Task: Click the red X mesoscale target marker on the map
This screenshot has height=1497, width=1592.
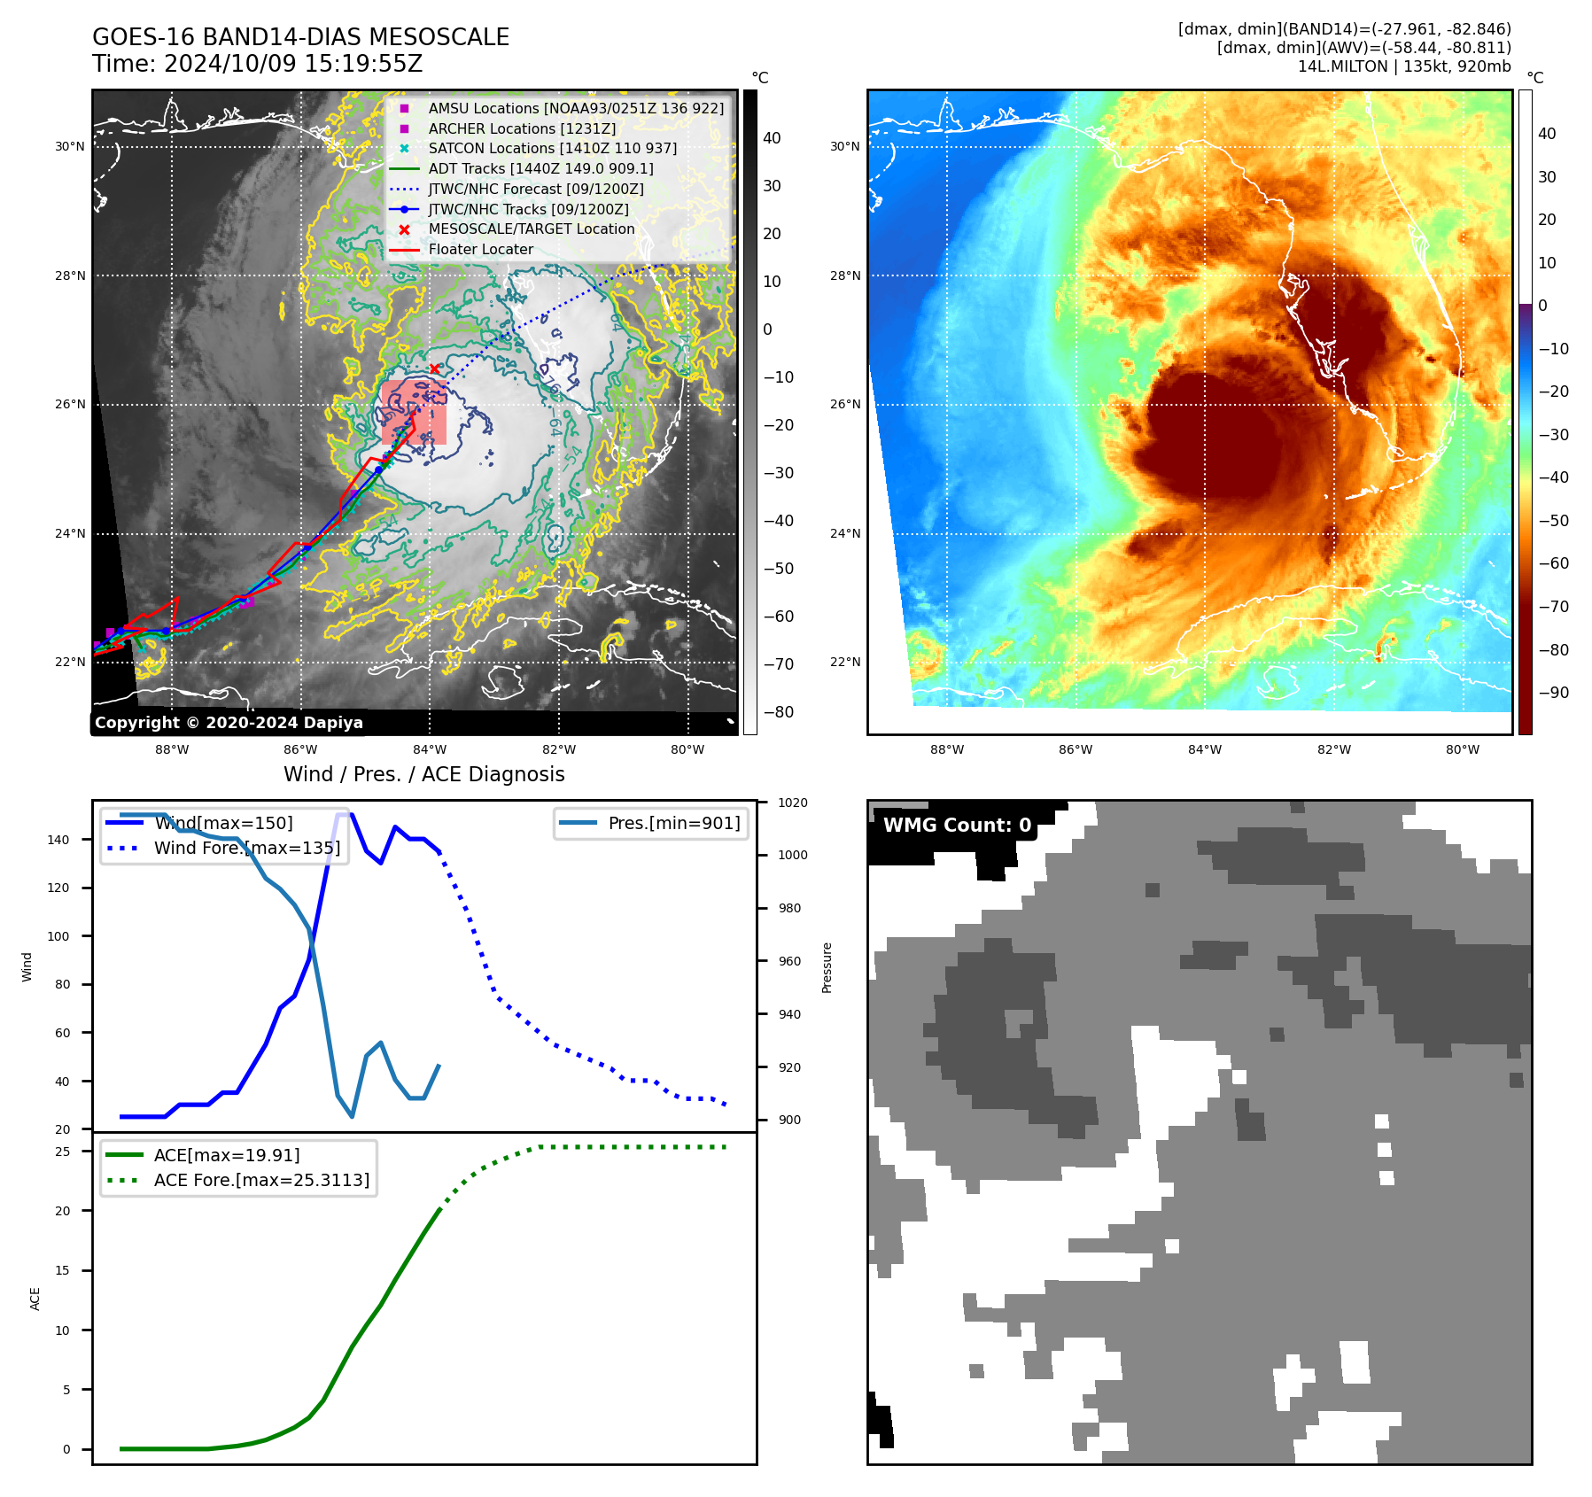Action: (x=434, y=368)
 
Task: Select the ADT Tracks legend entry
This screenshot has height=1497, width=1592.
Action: (x=540, y=168)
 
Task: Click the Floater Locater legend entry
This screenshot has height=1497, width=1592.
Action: (x=480, y=250)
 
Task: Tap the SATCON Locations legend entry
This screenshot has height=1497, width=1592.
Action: (x=552, y=148)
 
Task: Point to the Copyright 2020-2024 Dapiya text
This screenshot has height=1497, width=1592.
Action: (x=229, y=723)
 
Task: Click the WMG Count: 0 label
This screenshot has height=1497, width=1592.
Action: (x=957, y=826)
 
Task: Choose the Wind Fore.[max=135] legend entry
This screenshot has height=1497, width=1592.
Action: (x=246, y=848)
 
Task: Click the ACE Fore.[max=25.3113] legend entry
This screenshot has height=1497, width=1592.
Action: (x=261, y=1180)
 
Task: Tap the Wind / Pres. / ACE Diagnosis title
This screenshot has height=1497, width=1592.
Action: (x=423, y=774)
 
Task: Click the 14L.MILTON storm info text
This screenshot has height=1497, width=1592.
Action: (x=1403, y=66)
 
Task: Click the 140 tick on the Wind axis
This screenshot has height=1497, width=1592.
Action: (x=58, y=840)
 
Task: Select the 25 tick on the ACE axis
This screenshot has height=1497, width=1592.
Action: (x=63, y=1152)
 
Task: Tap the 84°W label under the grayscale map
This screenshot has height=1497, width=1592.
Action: (x=430, y=749)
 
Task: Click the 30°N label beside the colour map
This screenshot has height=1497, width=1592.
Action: (x=844, y=146)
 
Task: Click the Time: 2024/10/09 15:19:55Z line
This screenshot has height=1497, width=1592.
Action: (x=257, y=64)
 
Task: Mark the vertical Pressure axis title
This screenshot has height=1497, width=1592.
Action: (x=827, y=967)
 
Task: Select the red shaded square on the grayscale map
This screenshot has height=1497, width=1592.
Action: (x=414, y=412)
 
